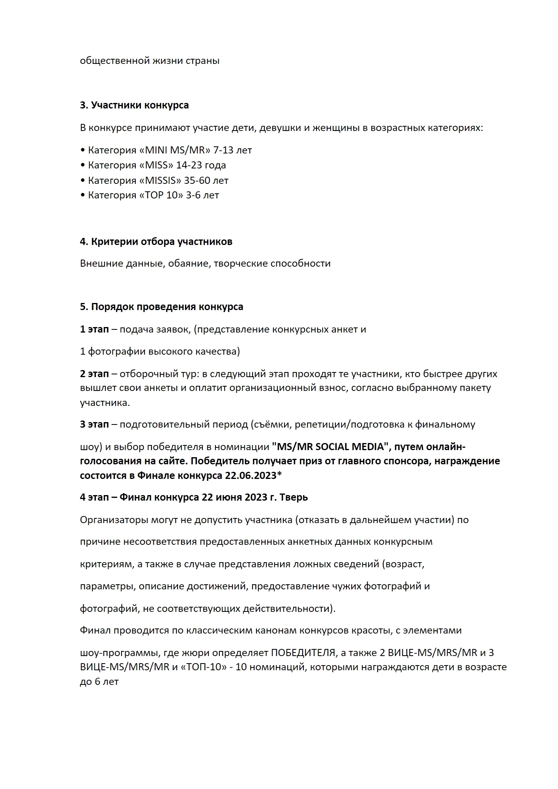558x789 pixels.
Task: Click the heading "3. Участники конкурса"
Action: click(x=134, y=105)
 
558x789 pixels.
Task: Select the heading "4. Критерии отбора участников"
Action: click(x=156, y=242)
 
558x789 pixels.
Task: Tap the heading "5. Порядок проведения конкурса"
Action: click(x=161, y=307)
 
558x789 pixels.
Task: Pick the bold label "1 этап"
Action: click(x=94, y=329)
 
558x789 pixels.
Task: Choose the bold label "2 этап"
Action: click(x=94, y=374)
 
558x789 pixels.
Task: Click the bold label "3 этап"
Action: click(x=94, y=424)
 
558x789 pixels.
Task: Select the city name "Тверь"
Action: click(x=294, y=497)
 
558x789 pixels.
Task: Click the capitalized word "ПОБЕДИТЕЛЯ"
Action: click(x=303, y=653)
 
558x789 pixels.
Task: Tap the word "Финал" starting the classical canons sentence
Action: click(x=95, y=630)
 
